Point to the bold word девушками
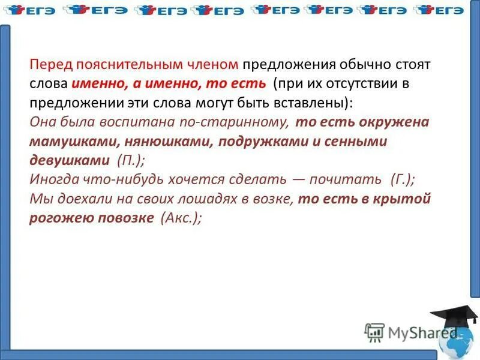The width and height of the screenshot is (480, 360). (68, 161)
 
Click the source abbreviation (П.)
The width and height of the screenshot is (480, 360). (130, 161)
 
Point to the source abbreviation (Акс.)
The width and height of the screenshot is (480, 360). (181, 218)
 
